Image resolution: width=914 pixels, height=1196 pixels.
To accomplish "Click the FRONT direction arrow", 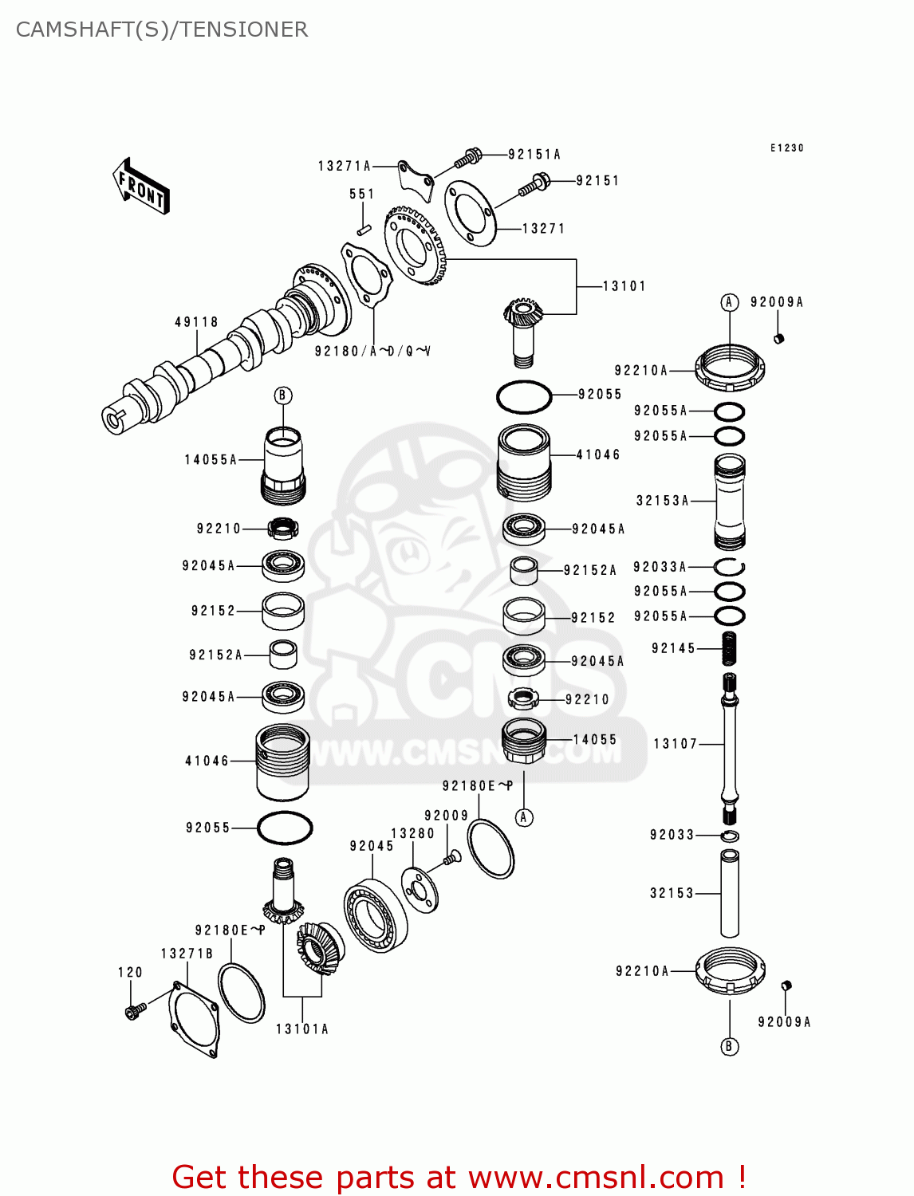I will tap(141, 187).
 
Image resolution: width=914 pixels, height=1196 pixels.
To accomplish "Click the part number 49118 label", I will tap(196, 322).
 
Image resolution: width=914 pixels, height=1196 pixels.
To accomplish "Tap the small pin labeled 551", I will tap(364, 230).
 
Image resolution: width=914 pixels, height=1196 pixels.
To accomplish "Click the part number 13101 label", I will tap(624, 286).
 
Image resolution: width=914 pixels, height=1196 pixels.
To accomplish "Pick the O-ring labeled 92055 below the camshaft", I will tap(524, 396).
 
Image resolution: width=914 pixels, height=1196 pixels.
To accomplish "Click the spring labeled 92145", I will tap(729, 648).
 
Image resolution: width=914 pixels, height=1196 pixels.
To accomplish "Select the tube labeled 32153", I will tap(730, 893).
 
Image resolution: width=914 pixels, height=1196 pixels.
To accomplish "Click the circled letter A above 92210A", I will tap(729, 302).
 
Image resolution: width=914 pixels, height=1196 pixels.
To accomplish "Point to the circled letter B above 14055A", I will tap(282, 395).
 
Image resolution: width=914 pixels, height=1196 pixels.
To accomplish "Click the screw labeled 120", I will tap(133, 1010).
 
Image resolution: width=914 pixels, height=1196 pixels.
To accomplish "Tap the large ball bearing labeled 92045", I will tap(375, 916).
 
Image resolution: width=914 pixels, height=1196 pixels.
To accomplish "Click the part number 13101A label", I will tap(302, 1029).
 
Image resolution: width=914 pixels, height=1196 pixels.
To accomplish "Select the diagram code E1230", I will tap(786, 148).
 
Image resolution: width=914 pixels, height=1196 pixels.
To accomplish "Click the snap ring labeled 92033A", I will tap(729, 567).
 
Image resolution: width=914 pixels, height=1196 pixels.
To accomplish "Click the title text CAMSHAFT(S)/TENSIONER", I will tap(162, 30).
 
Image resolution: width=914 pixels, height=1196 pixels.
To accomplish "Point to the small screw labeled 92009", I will tap(452, 858).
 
